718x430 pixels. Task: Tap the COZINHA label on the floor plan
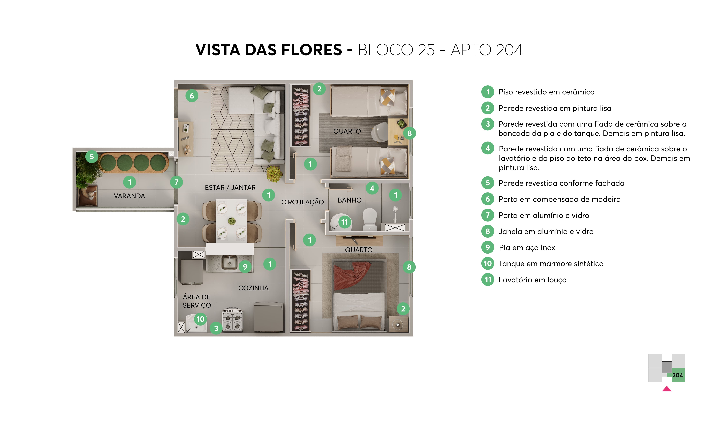(x=253, y=288)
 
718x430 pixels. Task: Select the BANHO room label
(x=349, y=200)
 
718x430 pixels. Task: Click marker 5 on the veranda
(x=92, y=157)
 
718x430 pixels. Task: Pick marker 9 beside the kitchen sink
(x=245, y=267)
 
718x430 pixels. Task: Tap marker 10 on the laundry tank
(x=200, y=319)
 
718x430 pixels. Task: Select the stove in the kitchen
(x=232, y=320)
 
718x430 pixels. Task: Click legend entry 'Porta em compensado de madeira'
(x=559, y=199)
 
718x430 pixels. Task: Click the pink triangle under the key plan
(x=667, y=389)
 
